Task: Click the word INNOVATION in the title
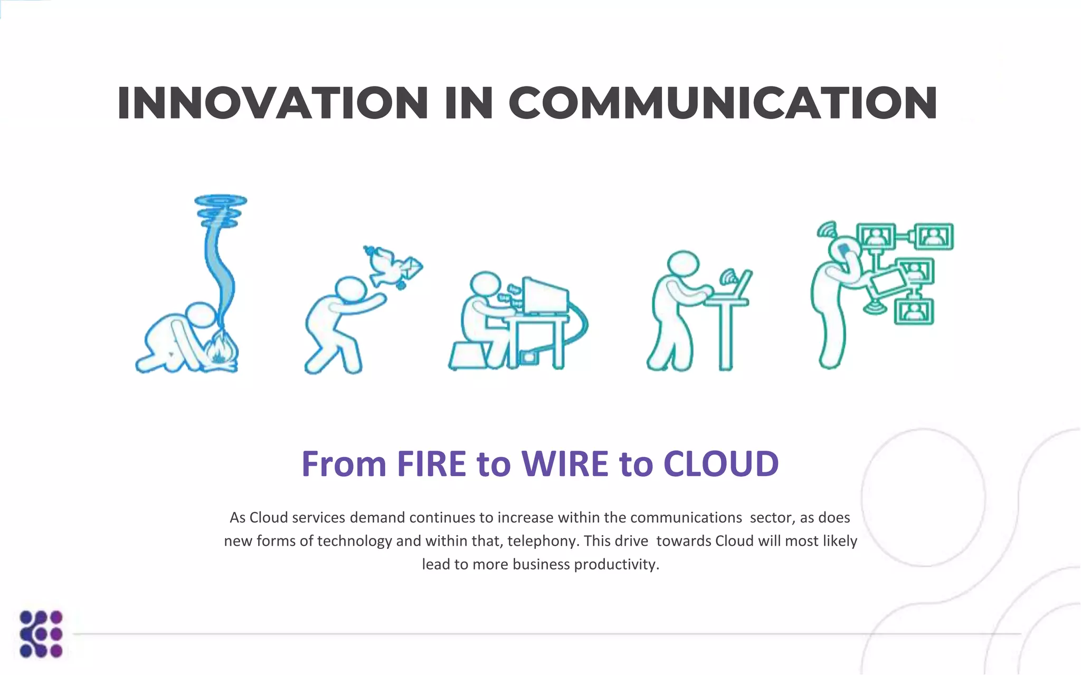click(272, 103)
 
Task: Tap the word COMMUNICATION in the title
click(723, 103)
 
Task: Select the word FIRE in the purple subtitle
click(431, 464)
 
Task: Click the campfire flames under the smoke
click(221, 351)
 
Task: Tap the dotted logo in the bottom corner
click(41, 634)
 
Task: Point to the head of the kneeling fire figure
click(201, 315)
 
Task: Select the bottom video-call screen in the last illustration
click(914, 311)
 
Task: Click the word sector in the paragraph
click(771, 518)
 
